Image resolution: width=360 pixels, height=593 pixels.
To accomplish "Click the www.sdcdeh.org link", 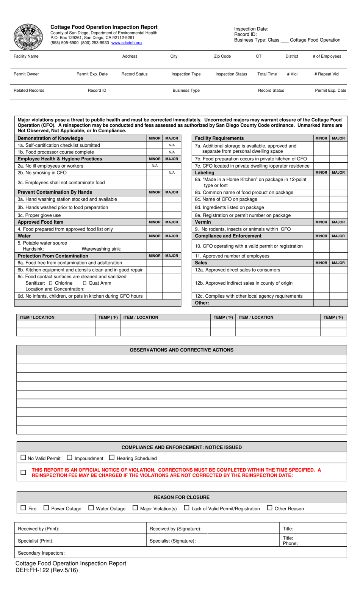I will [127, 43].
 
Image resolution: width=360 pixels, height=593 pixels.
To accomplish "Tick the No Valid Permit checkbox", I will [23, 458].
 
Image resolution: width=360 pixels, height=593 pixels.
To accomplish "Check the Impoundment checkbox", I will [69, 458].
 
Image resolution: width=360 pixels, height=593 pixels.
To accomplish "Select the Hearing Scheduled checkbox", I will [112, 458].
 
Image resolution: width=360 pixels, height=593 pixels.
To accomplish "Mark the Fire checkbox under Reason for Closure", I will [23, 508].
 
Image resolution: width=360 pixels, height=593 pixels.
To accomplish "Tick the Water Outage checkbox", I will [91, 508].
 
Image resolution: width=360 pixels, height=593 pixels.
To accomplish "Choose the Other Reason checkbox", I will [269, 508].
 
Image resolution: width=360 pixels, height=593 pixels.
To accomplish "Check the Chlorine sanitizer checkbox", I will [51, 284].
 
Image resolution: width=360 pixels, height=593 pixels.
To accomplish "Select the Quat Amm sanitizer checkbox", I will [85, 284].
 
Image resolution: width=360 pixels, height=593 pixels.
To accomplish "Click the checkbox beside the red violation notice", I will [23, 472].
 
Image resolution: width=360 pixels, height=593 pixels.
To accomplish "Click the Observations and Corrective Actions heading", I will [182, 350].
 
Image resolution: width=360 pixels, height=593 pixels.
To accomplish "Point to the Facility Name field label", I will [26, 56].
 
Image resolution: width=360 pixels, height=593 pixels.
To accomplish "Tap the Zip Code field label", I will [222, 56].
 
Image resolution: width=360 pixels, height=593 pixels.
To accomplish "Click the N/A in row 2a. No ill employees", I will [155, 166].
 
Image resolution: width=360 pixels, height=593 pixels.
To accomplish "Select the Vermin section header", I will [203, 222].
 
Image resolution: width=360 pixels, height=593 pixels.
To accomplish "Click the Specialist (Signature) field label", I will [173, 541].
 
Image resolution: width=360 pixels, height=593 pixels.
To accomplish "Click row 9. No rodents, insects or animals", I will [243, 229].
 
